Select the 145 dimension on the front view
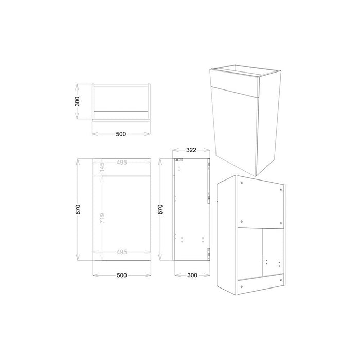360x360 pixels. [x=102, y=167]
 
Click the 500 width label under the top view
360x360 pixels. [x=121, y=134]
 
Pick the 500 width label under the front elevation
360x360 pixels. [x=121, y=275]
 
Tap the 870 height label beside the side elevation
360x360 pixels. [x=161, y=209]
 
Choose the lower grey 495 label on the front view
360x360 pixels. [x=121, y=252]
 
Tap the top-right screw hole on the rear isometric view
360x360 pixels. [x=281, y=188]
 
